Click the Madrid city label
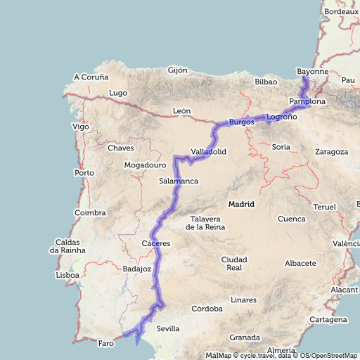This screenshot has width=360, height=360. tap(240, 204)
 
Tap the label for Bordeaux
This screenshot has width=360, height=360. tap(342, 12)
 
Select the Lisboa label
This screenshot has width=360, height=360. tap(67, 276)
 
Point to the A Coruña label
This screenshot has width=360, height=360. tap(91, 77)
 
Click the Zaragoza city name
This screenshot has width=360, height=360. tap(332, 152)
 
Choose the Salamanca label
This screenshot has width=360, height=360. tap(179, 181)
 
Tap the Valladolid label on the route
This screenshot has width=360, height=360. tap(208, 152)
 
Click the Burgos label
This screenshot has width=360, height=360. tap(241, 122)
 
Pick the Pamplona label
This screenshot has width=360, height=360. tap(307, 102)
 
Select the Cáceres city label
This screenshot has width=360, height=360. tap(155, 243)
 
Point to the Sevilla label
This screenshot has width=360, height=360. tap(168, 328)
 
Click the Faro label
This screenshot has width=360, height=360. tap(105, 343)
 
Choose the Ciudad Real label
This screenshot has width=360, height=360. tap(234, 264)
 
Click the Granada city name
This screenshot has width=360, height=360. tap(245, 337)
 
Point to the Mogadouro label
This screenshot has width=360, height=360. tap(145, 165)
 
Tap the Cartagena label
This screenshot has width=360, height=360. tap(328, 319)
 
